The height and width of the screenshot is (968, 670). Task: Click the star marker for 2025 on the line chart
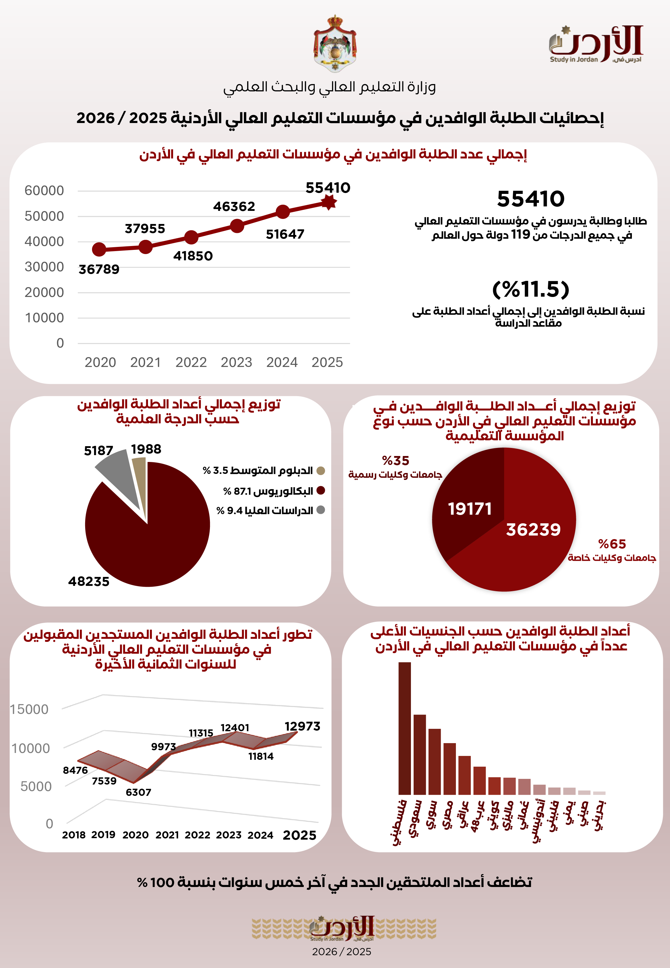[x=329, y=202]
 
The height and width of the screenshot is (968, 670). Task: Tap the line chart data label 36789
[x=99, y=269]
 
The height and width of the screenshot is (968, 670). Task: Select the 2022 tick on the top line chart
[x=191, y=362]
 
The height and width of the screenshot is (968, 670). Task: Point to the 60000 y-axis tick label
[x=44, y=191]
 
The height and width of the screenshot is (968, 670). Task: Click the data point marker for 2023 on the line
[x=237, y=226]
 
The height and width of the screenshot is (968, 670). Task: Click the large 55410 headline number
[x=531, y=199]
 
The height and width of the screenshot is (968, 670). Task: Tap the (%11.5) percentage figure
[x=531, y=289]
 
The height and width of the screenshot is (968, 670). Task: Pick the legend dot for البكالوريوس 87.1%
[x=321, y=490]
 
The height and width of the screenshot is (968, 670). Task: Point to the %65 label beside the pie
[x=612, y=544]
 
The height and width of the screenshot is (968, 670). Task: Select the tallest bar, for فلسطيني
[x=405, y=728]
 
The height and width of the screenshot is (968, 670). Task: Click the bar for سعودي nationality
[x=419, y=754]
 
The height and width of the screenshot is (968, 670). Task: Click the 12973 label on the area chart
[x=302, y=726]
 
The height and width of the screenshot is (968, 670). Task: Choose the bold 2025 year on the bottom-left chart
[x=299, y=835]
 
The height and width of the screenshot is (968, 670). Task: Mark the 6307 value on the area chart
[x=138, y=792]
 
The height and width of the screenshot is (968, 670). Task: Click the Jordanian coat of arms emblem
[x=335, y=43]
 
